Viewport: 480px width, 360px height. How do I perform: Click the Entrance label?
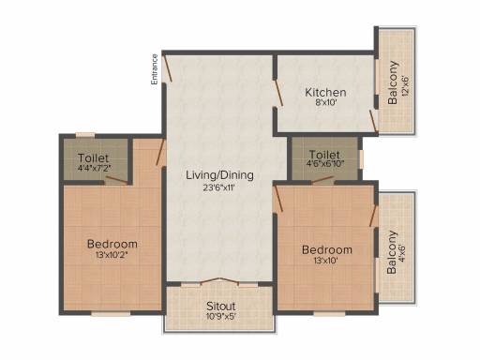(155, 69)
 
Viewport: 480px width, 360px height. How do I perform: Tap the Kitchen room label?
(325, 93)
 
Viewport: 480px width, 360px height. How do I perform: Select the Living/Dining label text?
(219, 175)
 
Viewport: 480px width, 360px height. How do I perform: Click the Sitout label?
(221, 306)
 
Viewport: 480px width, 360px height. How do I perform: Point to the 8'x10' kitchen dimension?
(326, 102)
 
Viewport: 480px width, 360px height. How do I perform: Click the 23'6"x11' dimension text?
(218, 187)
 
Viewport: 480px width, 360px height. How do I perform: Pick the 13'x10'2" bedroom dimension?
(112, 255)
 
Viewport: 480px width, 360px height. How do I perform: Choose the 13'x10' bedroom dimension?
(326, 261)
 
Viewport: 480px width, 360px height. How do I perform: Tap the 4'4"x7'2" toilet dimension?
(95, 168)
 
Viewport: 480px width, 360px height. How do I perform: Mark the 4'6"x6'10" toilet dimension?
(325, 163)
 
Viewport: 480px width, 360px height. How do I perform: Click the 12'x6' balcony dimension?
(405, 85)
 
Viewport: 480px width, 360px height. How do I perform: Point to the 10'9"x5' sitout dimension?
(220, 316)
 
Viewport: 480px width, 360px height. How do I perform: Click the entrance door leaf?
(168, 67)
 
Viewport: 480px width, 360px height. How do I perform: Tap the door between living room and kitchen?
(278, 93)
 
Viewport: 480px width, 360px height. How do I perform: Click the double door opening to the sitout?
(219, 281)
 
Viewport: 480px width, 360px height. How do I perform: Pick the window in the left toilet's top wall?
(85, 135)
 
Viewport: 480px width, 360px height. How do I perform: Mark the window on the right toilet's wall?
(361, 159)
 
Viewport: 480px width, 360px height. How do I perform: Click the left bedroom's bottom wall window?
(111, 313)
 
